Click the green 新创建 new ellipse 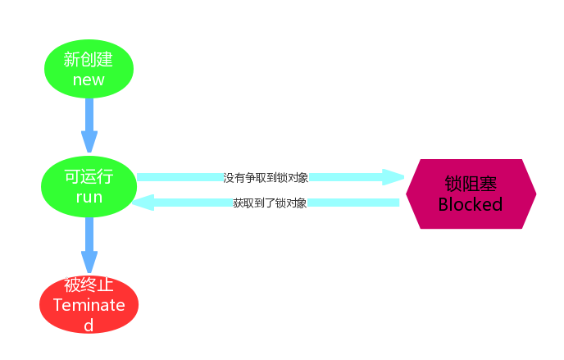[89, 69]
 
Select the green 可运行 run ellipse [89, 187]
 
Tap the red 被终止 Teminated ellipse [89, 304]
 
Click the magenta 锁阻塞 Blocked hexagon [471, 194]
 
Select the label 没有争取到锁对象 [266, 177]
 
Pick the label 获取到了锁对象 [270, 203]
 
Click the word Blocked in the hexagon [471, 205]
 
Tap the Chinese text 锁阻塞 [471, 184]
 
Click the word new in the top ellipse [89, 80]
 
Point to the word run [89, 198]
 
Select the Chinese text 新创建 [89, 59]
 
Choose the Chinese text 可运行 [89, 177]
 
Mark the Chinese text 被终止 [89, 285]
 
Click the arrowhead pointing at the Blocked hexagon [393, 177]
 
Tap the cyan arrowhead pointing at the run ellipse [143, 203]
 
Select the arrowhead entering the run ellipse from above [89, 144]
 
